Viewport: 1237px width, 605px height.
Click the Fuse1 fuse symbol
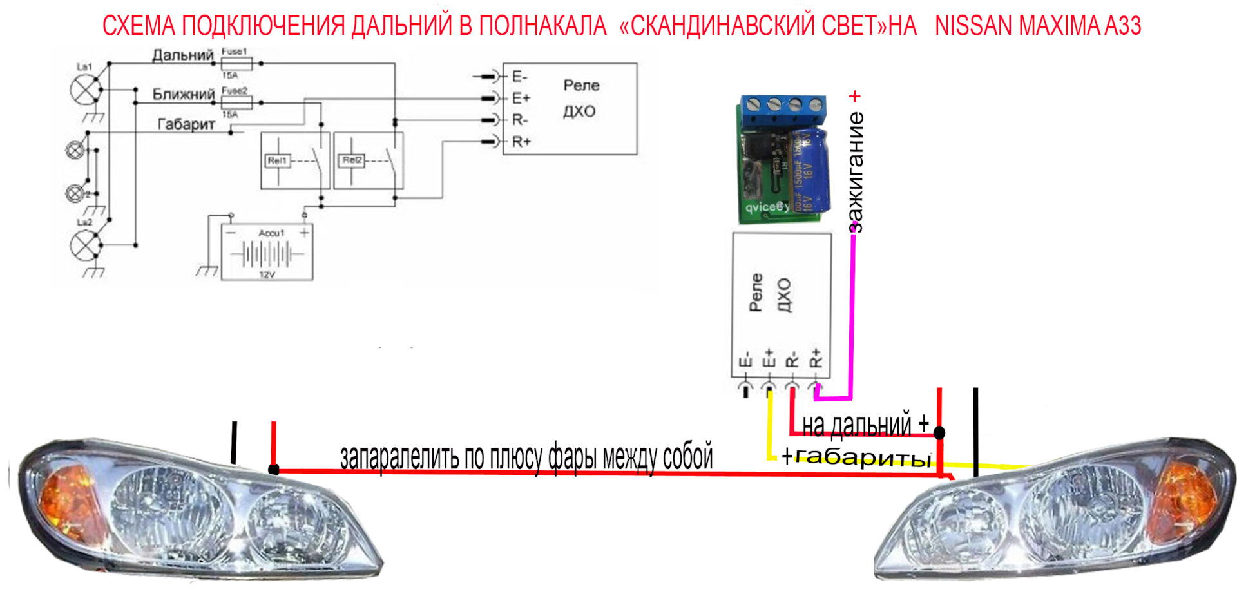236,63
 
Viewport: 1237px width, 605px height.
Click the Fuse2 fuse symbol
236,102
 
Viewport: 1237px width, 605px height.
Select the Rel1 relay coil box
278,160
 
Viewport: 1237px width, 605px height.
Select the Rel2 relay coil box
352,160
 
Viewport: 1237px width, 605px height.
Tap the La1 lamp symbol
83,90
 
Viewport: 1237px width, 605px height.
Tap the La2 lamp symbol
84,245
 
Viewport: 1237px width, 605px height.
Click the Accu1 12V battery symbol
267,252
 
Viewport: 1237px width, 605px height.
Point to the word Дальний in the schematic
182,55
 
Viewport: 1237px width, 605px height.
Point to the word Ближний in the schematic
183,94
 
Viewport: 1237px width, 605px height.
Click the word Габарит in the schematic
186,124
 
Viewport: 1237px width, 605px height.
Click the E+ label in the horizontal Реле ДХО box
521,98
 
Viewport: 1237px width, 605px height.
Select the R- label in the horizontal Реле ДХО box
520,120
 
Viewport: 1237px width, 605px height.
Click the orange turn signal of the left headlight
68,502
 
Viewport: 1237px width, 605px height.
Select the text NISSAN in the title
973,26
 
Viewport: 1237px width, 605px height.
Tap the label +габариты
856,457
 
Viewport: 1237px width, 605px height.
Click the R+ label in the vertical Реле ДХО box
816,358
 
